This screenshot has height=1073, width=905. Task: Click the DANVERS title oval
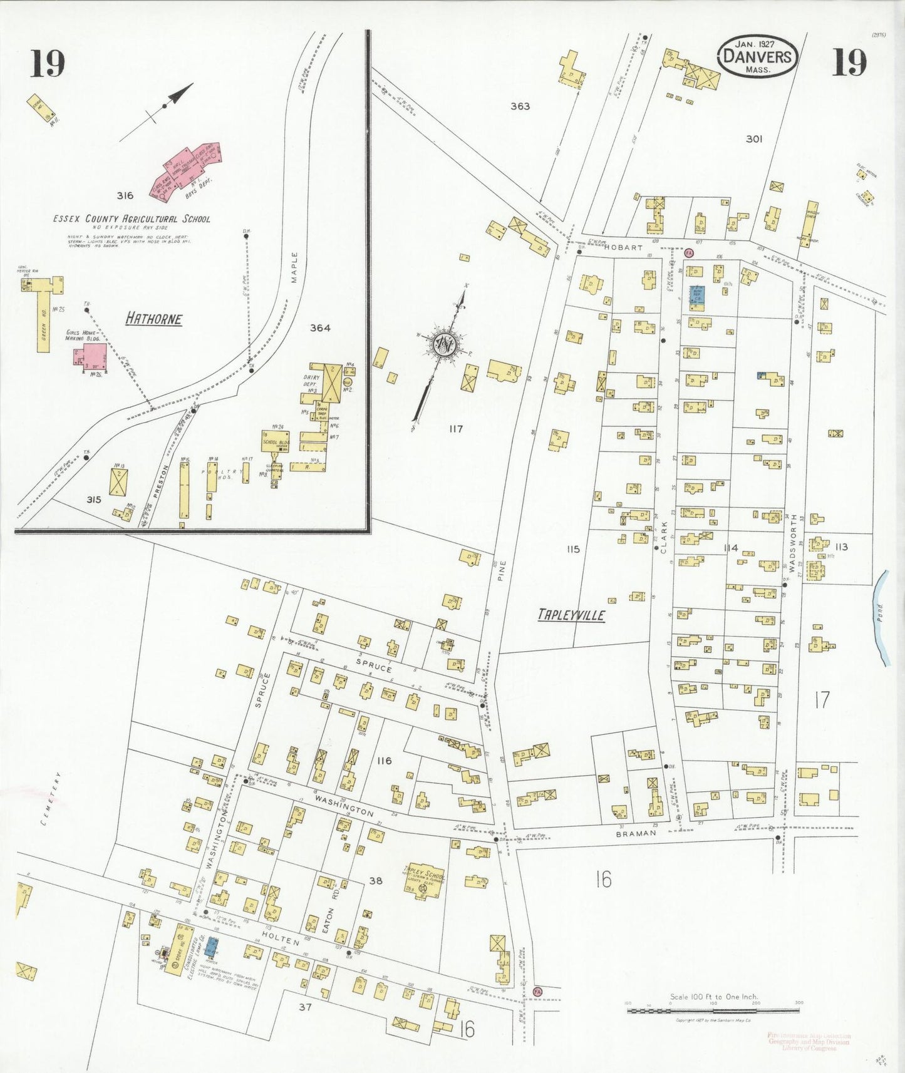[757, 56]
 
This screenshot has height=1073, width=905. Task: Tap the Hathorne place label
[153, 319]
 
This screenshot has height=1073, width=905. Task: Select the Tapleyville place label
[571, 615]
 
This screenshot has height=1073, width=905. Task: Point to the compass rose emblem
[445, 345]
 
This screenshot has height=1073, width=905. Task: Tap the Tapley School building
[424, 881]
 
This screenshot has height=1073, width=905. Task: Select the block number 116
[384, 761]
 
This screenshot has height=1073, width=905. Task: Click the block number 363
[520, 106]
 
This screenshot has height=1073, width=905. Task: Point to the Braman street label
[636, 834]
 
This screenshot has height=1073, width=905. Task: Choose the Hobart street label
[623, 247]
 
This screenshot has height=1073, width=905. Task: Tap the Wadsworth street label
[794, 543]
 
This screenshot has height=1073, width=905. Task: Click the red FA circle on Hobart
[689, 252]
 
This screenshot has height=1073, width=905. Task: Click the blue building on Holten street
[212, 947]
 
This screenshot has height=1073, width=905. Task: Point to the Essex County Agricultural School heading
[132, 219]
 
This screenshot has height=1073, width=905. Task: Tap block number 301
[753, 138]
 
